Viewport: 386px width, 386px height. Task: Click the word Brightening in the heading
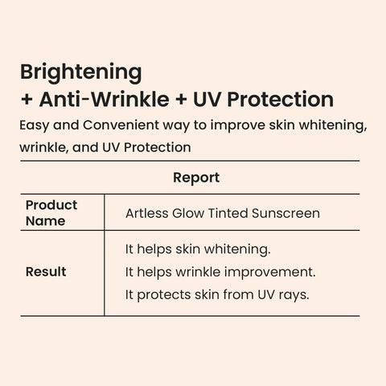click(x=81, y=73)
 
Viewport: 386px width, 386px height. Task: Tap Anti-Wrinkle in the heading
click(x=105, y=99)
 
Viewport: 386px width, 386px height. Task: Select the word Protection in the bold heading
click(x=281, y=99)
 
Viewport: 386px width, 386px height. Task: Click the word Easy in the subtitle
click(x=34, y=125)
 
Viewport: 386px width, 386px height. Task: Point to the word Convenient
click(x=121, y=125)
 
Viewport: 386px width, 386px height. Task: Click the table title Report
click(x=196, y=178)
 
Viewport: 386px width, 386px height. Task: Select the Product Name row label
click(x=51, y=213)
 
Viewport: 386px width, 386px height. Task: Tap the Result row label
click(x=46, y=272)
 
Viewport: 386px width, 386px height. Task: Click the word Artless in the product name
click(x=146, y=213)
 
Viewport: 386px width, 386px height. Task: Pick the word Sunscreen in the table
click(x=285, y=213)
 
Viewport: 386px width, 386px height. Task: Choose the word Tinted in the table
click(x=228, y=213)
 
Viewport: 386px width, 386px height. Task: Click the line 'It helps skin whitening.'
click(x=198, y=249)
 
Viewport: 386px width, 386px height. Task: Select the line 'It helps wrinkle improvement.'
click(x=220, y=273)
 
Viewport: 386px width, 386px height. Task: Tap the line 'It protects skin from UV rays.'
click(x=217, y=295)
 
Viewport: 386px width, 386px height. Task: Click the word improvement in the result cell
click(x=270, y=273)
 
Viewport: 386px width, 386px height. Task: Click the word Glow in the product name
click(x=188, y=213)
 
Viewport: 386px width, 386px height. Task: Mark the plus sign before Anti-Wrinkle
click(x=27, y=100)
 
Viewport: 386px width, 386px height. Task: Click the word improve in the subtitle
click(x=237, y=126)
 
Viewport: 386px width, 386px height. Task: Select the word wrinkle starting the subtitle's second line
click(x=43, y=147)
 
